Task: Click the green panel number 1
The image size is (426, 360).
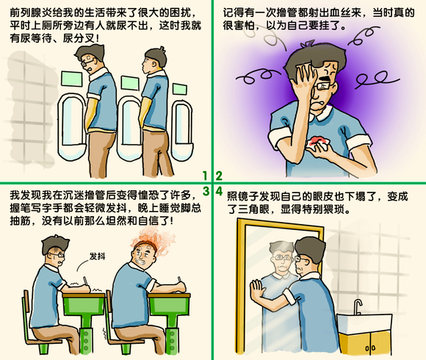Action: click(x=206, y=175)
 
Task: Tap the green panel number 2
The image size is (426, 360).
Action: click(x=219, y=175)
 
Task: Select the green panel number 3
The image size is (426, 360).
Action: click(x=206, y=192)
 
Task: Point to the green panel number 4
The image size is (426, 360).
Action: click(x=219, y=192)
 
